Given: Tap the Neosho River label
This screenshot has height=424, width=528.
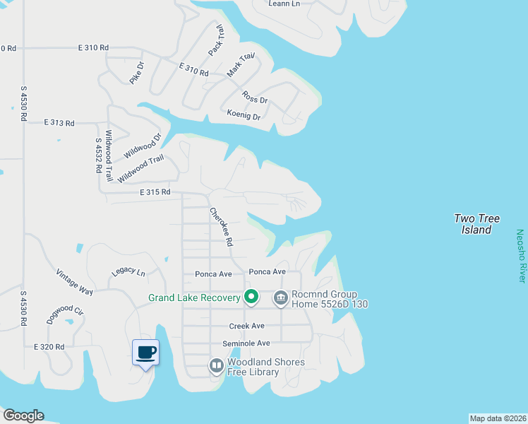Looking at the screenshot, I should click(520, 256).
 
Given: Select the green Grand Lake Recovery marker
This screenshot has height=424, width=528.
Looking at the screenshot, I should click(251, 298).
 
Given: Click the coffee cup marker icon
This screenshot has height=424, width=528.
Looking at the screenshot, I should click(146, 352).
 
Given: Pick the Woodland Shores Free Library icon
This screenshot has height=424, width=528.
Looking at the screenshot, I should click(217, 366).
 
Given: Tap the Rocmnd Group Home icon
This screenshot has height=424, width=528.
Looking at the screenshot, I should click(281, 298).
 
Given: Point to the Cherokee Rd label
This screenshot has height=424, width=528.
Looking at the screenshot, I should click(220, 226).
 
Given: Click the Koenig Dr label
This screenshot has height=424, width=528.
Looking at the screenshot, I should click(244, 114).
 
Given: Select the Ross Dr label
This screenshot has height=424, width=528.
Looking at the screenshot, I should click(255, 98).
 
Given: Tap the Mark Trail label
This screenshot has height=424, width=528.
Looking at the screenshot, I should click(240, 65).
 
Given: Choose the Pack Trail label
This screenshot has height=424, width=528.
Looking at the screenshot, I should click(216, 42).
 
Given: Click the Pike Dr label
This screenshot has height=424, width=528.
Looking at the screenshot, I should click(136, 73).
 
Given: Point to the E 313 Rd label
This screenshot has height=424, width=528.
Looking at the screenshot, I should click(59, 123).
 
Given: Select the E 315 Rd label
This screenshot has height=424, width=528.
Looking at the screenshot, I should click(155, 192).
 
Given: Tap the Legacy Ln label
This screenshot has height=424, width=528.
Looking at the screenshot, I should click(128, 272).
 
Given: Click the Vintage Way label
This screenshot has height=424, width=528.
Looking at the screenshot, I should click(75, 282).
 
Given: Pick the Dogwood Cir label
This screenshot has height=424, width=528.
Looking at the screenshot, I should click(65, 310).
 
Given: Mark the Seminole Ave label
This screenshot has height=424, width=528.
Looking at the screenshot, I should click(246, 343).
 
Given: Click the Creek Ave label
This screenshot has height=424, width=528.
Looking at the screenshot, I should click(246, 326).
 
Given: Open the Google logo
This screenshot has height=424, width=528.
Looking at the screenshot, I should click(23, 416).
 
